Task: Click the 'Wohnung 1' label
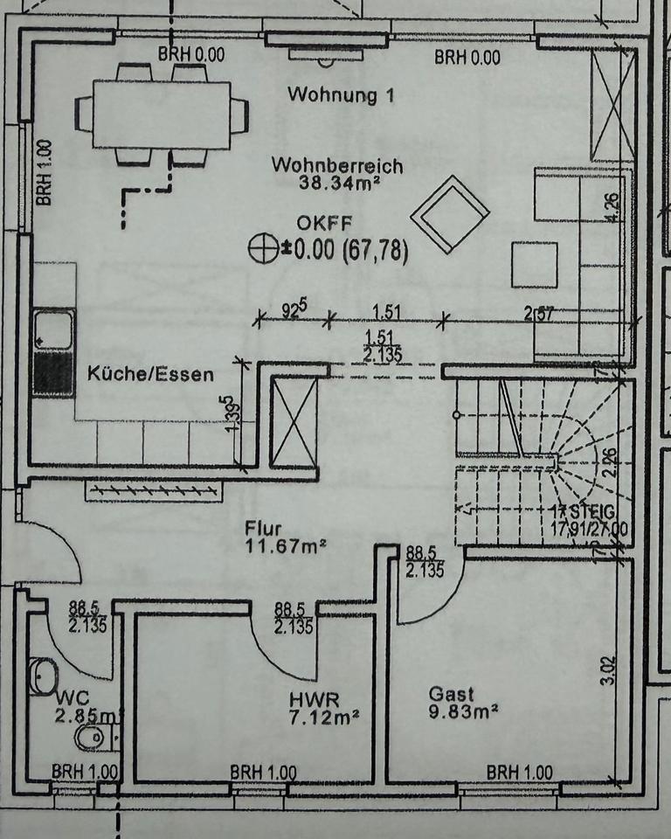pyautogui.click(x=340, y=94)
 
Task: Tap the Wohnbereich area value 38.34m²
pyautogui.click(x=336, y=184)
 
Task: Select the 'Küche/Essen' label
pyautogui.click(x=150, y=374)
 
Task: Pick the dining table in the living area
pyautogui.click(x=162, y=114)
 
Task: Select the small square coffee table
pyautogui.click(x=534, y=264)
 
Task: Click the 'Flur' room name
pyautogui.click(x=262, y=529)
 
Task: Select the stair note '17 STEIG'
pyautogui.click(x=584, y=512)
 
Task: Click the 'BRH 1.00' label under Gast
pyautogui.click(x=519, y=773)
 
